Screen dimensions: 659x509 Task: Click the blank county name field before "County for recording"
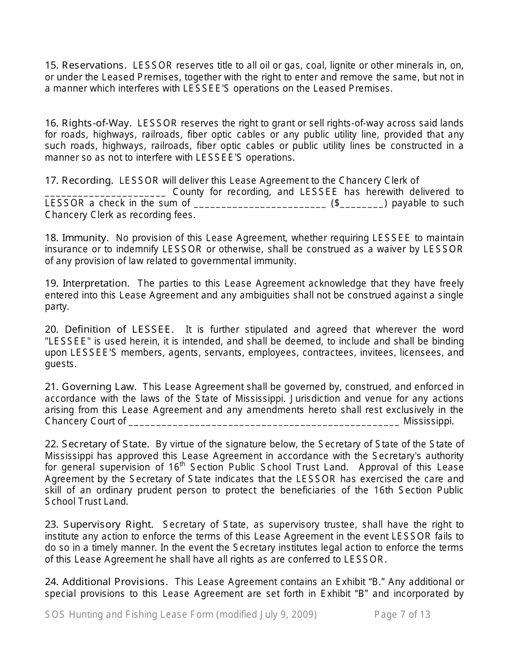[106, 193]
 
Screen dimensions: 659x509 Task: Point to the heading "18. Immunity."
[77, 238]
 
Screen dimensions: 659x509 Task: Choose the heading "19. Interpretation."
[87, 283]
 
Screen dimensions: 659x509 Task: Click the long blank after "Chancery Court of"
[264, 422]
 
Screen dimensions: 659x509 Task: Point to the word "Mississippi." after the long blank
[429, 421]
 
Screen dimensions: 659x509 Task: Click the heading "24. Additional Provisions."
[107, 582]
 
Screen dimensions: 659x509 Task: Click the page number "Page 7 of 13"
[402, 615]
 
